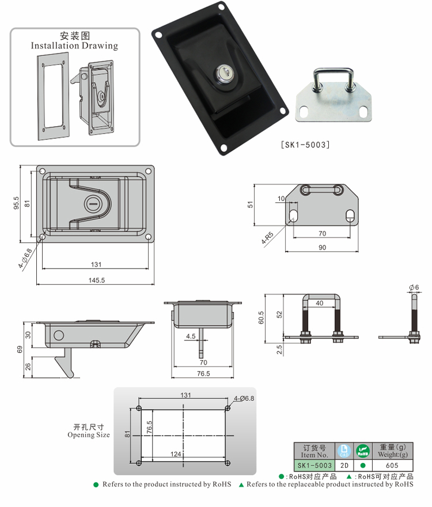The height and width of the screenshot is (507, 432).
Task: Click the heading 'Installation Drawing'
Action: tap(74, 46)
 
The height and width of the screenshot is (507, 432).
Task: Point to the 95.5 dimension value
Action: tap(17, 203)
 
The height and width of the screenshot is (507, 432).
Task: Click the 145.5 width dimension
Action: tap(96, 280)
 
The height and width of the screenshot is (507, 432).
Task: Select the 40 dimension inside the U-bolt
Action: tap(319, 302)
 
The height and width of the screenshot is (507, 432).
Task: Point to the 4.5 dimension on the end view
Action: tap(190, 336)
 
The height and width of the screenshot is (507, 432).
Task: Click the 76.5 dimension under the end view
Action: tap(202, 373)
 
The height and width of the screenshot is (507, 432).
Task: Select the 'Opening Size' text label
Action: tap(89, 435)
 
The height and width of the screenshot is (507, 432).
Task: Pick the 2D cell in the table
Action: tap(344, 465)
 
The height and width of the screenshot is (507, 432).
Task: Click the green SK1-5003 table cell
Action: tap(314, 465)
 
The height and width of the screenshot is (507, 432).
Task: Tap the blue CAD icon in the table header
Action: tap(344, 450)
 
